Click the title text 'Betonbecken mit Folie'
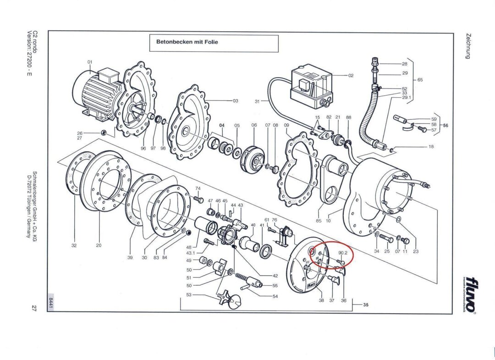pyautogui.click(x=187, y=42)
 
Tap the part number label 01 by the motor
pyautogui.click(x=90, y=62)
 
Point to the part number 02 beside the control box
pyautogui.click(x=351, y=75)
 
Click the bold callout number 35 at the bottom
pyautogui.click(x=366, y=305)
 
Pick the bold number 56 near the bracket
pyautogui.click(x=445, y=125)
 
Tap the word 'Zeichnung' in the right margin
pyautogui.click(x=468, y=46)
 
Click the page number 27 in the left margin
pyautogui.click(x=34, y=308)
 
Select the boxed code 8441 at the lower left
pyautogui.click(x=50, y=303)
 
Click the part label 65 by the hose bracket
pyautogui.click(x=420, y=80)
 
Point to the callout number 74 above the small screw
pyautogui.click(x=198, y=188)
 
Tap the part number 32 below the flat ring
pyautogui.click(x=74, y=245)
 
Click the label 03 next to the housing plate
pyautogui.click(x=236, y=100)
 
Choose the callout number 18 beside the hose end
pyautogui.click(x=431, y=147)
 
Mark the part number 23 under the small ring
pyautogui.click(x=416, y=251)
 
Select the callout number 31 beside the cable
pyautogui.click(x=257, y=101)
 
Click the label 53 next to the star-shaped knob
pyautogui.click(x=189, y=295)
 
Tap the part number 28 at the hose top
pyautogui.click(x=405, y=64)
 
